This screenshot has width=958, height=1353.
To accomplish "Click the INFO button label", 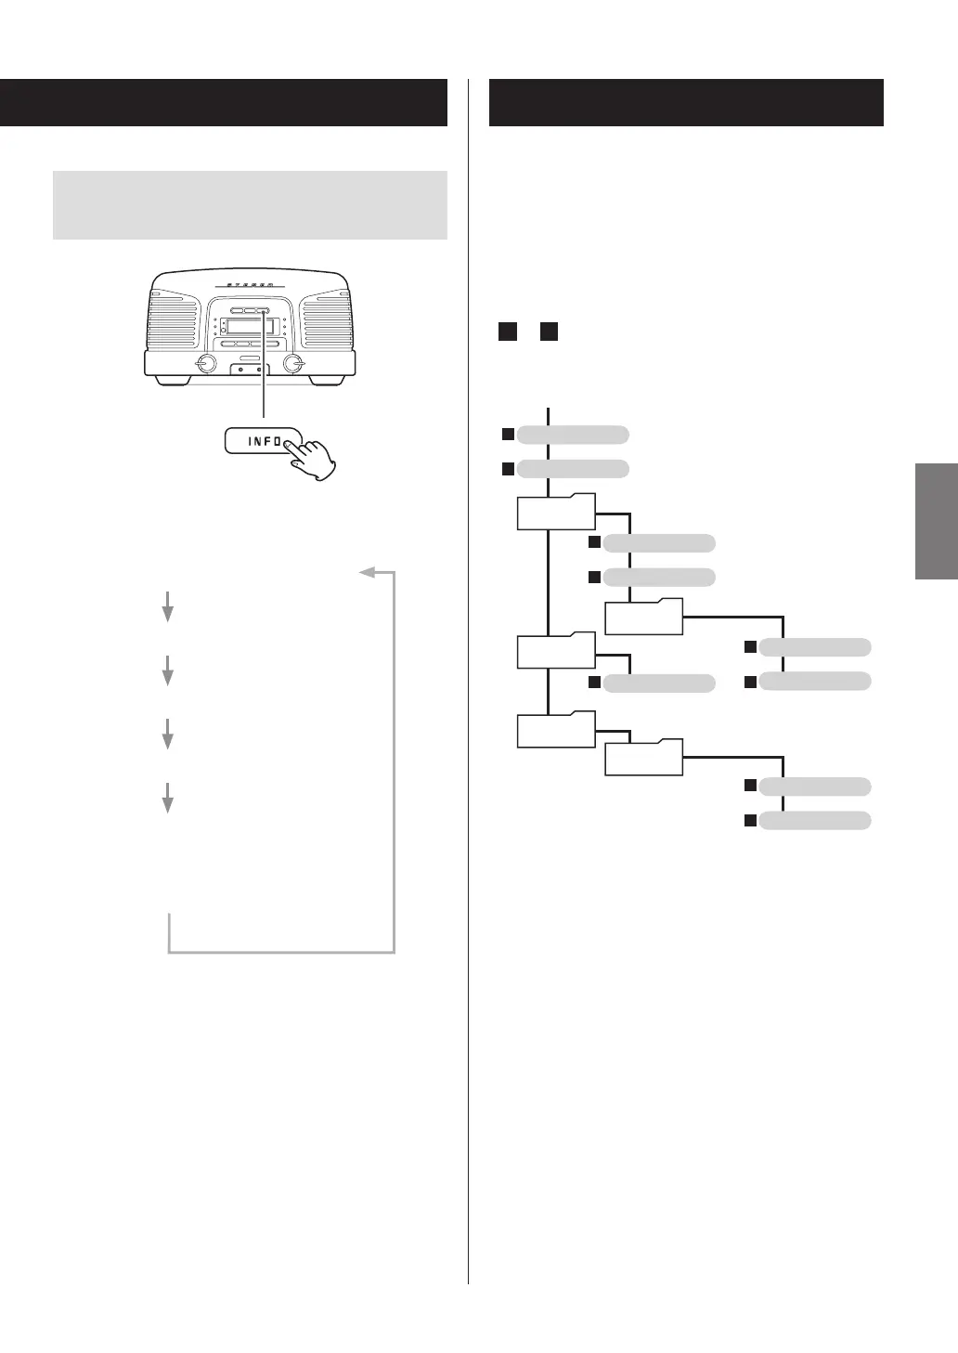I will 264,440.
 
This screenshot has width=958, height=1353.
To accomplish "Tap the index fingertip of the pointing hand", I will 292,445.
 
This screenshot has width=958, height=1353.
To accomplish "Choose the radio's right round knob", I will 294,363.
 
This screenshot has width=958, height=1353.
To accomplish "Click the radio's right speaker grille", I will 327,321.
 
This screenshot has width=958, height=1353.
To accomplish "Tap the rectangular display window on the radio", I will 247,326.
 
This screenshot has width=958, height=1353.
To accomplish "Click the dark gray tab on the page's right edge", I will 936,521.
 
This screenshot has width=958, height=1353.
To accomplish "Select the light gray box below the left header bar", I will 250,204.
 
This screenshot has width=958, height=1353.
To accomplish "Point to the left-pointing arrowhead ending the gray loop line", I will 368,572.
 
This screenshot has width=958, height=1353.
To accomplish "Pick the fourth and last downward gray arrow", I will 168,798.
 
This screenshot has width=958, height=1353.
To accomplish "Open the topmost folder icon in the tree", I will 555,512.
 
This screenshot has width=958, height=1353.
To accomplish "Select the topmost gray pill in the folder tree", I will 573,434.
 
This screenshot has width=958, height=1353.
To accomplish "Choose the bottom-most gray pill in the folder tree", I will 815,821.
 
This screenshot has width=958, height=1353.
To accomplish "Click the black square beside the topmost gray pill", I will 508,434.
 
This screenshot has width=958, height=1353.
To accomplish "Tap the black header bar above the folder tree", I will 686,102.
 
